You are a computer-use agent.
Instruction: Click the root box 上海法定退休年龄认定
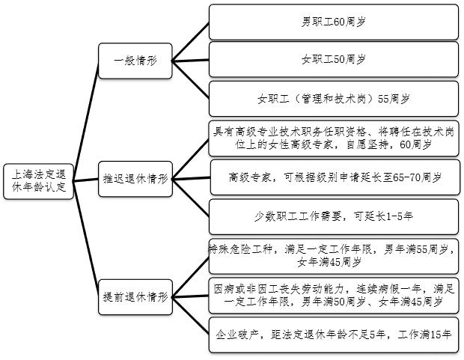(x=39, y=180)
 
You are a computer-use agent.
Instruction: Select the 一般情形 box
(x=135, y=61)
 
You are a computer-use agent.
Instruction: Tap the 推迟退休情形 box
(x=135, y=180)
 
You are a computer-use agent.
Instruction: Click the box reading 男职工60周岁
(x=333, y=22)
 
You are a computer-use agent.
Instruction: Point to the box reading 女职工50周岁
(x=333, y=59)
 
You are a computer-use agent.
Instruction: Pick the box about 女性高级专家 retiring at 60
(x=333, y=137)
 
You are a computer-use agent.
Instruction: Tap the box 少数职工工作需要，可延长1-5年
(x=333, y=216)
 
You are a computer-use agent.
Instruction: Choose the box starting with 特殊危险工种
(x=333, y=256)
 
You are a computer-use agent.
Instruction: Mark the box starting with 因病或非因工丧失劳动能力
(x=333, y=296)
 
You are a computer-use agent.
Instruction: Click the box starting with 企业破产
(x=333, y=335)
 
